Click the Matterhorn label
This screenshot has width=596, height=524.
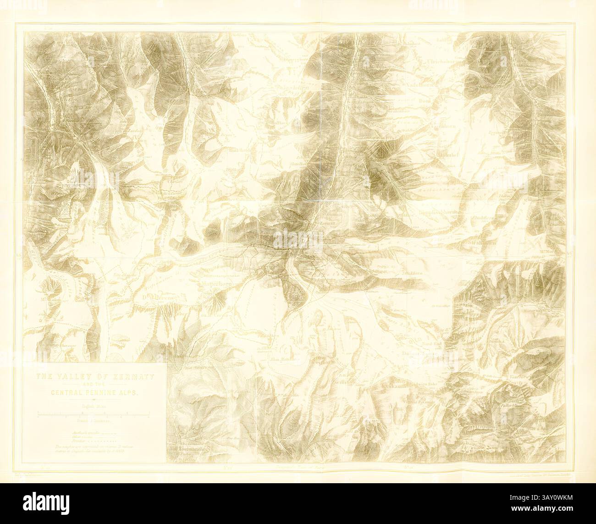(217, 284)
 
